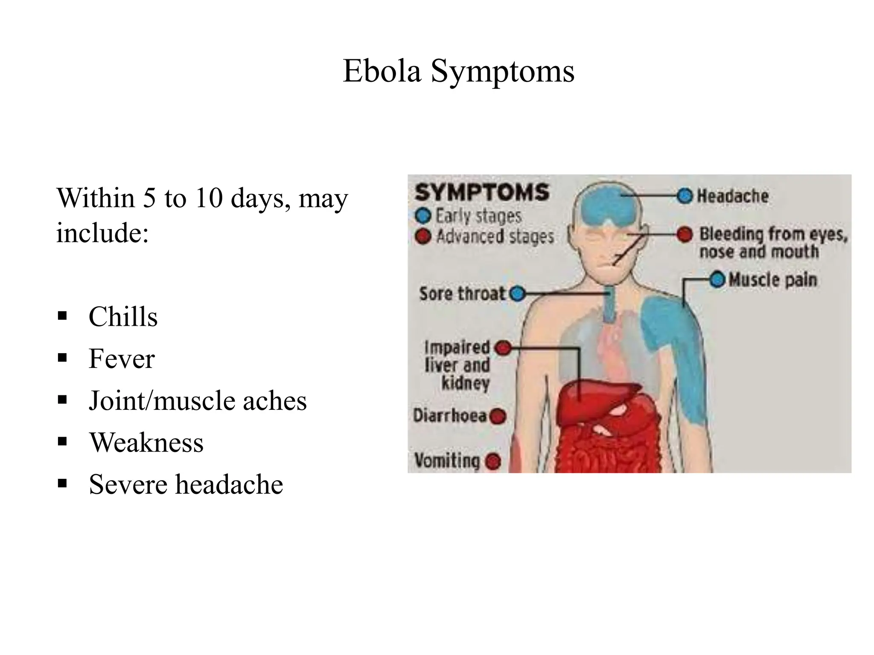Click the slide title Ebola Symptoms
coord(458,71)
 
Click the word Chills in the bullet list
coord(123,317)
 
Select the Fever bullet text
coord(122,359)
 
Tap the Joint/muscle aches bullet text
coord(198,401)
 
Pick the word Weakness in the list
coord(146,443)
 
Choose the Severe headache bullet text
coord(186,484)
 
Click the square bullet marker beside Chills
coord(63,316)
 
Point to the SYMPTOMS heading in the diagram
coord(482,192)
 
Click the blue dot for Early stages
coord(423,216)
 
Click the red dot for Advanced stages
coord(423,236)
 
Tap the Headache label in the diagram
coord(733,196)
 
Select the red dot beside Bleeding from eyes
coord(685,234)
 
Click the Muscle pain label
coord(773,280)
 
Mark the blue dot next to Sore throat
coord(518,294)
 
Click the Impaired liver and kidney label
coord(457,365)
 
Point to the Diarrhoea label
coord(450,416)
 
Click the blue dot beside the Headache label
coord(685,196)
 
